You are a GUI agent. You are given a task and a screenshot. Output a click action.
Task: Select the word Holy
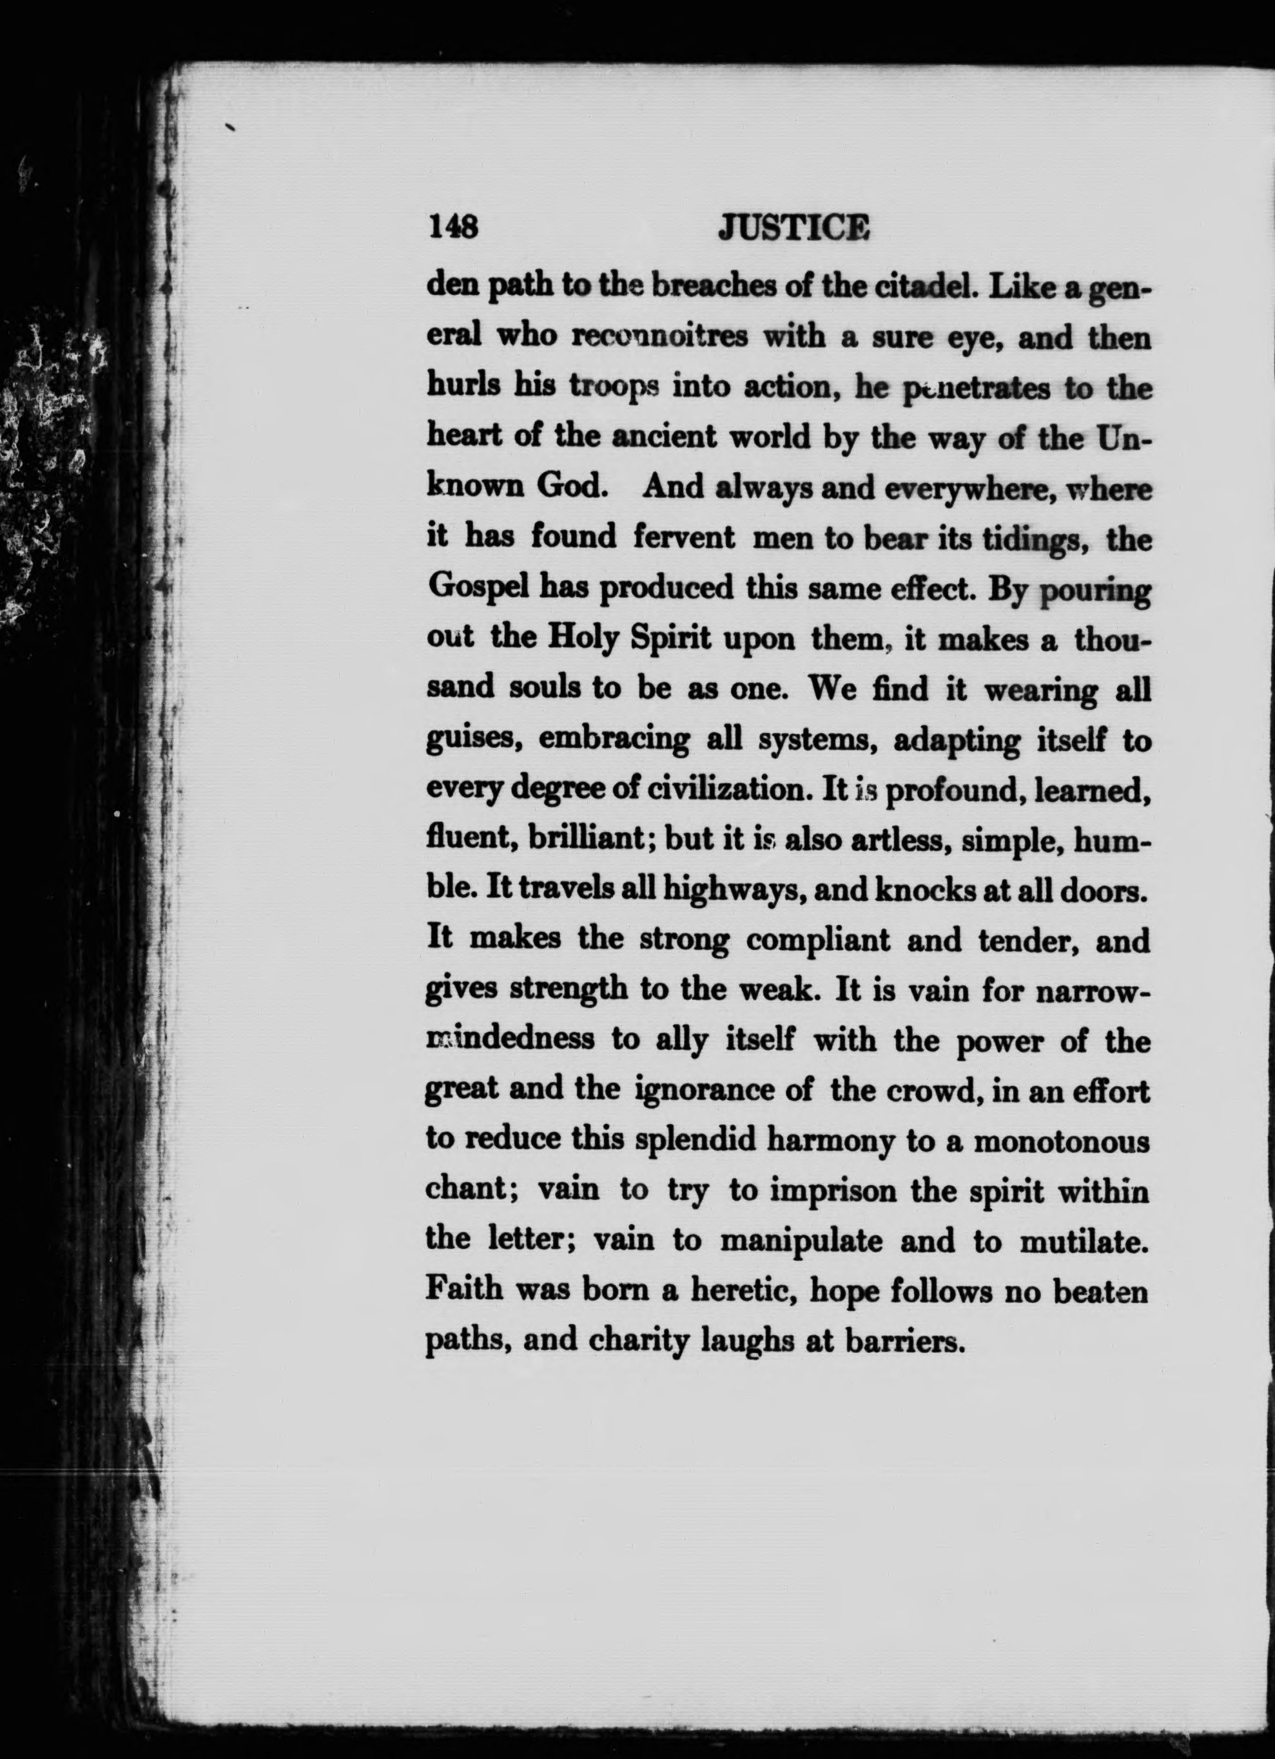tap(583, 638)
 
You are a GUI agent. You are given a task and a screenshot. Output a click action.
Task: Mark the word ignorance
tap(701, 1090)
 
